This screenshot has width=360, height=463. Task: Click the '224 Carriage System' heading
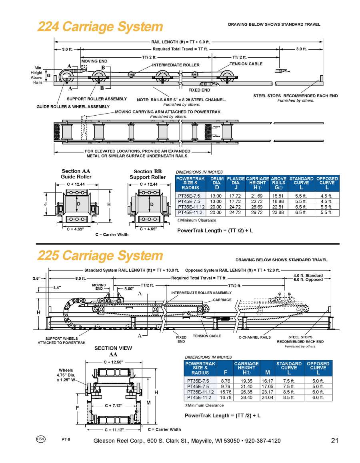[100, 27]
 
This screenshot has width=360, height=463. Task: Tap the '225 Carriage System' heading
[100, 256]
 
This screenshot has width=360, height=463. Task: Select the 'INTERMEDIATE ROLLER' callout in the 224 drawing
[176, 65]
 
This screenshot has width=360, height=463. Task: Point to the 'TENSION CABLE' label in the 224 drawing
[246, 64]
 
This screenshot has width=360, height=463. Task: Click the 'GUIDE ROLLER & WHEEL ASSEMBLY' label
[73, 107]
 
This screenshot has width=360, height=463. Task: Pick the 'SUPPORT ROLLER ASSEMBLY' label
[96, 99]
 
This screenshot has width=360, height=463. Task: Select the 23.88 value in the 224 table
[278, 212]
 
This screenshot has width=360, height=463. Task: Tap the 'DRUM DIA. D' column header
[217, 183]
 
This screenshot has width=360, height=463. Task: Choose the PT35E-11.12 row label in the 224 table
[191, 207]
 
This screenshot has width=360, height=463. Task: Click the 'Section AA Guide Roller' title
[76, 174]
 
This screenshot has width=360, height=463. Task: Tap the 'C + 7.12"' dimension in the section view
[114, 405]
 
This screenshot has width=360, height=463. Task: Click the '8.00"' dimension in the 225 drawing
[129, 288]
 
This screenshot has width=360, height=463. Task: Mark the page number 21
[335, 441]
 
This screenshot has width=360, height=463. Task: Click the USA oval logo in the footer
[41, 439]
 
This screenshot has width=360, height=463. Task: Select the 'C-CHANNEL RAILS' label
[254, 337]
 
